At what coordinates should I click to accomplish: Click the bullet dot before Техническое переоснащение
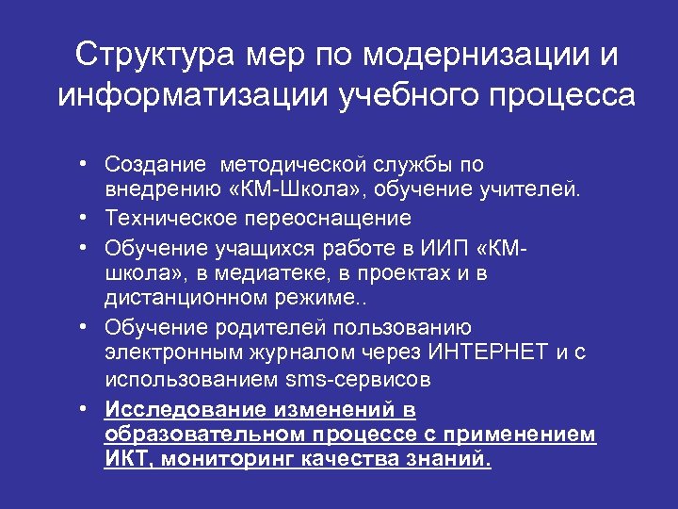coord(85,219)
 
